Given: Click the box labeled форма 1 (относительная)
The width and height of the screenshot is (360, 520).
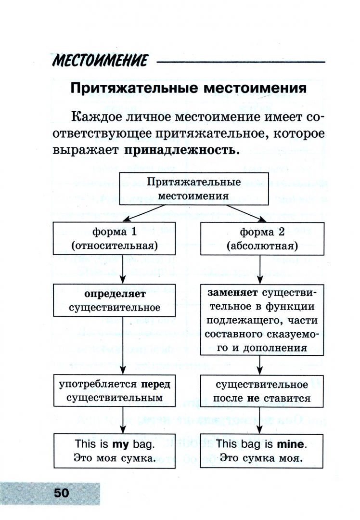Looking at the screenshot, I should point(114,238).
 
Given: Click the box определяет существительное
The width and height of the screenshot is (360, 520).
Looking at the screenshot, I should point(114,300).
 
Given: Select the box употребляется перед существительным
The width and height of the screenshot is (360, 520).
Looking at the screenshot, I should point(114,391).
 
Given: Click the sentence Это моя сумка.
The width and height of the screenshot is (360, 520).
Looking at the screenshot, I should point(114,458).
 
